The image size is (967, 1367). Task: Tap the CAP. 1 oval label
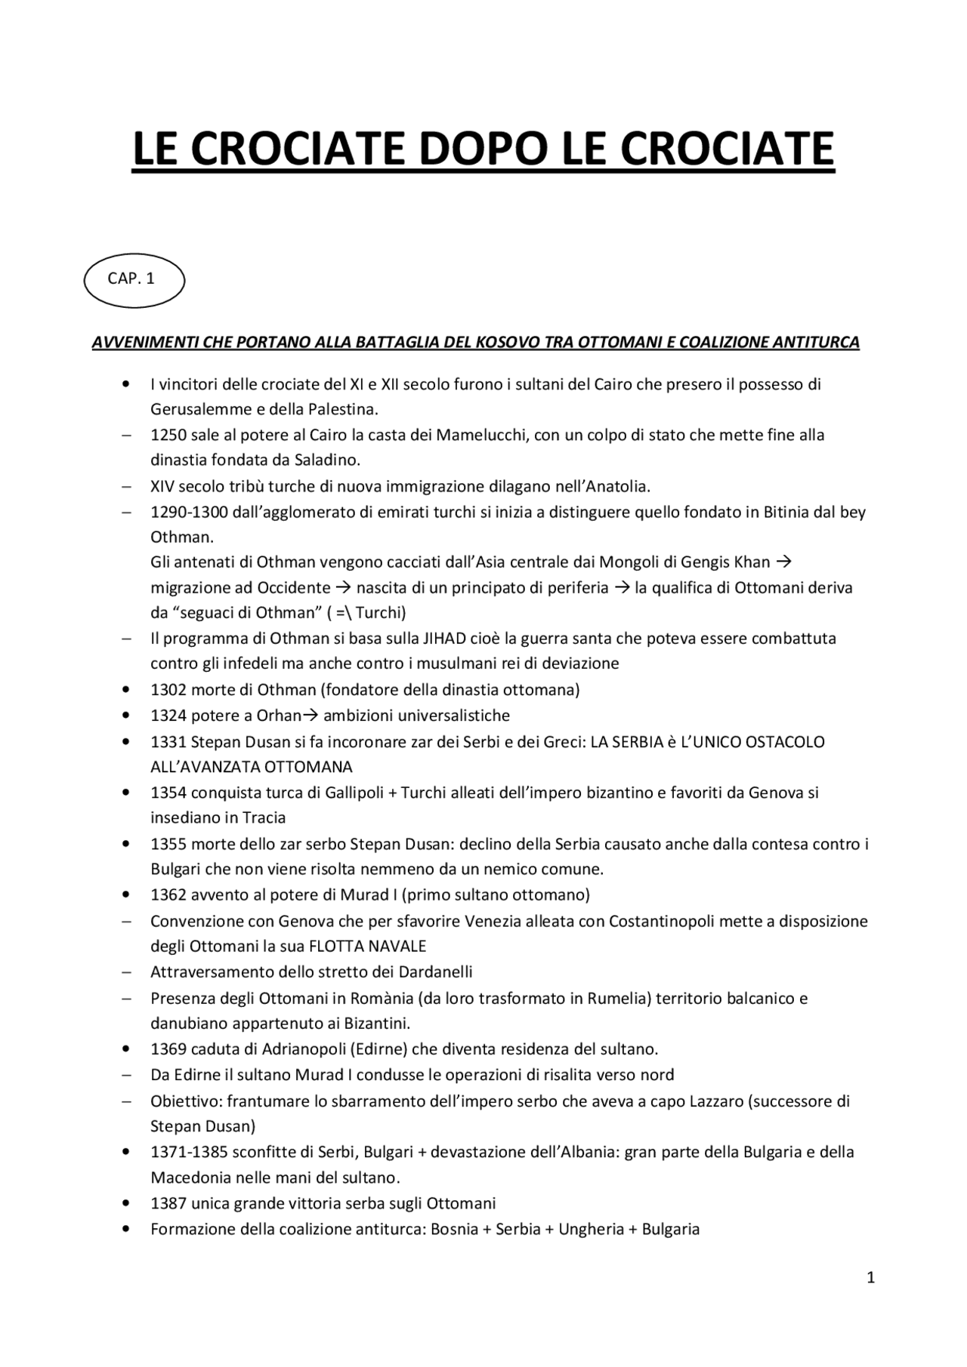click(x=133, y=279)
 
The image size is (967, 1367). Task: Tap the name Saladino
click(x=326, y=460)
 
